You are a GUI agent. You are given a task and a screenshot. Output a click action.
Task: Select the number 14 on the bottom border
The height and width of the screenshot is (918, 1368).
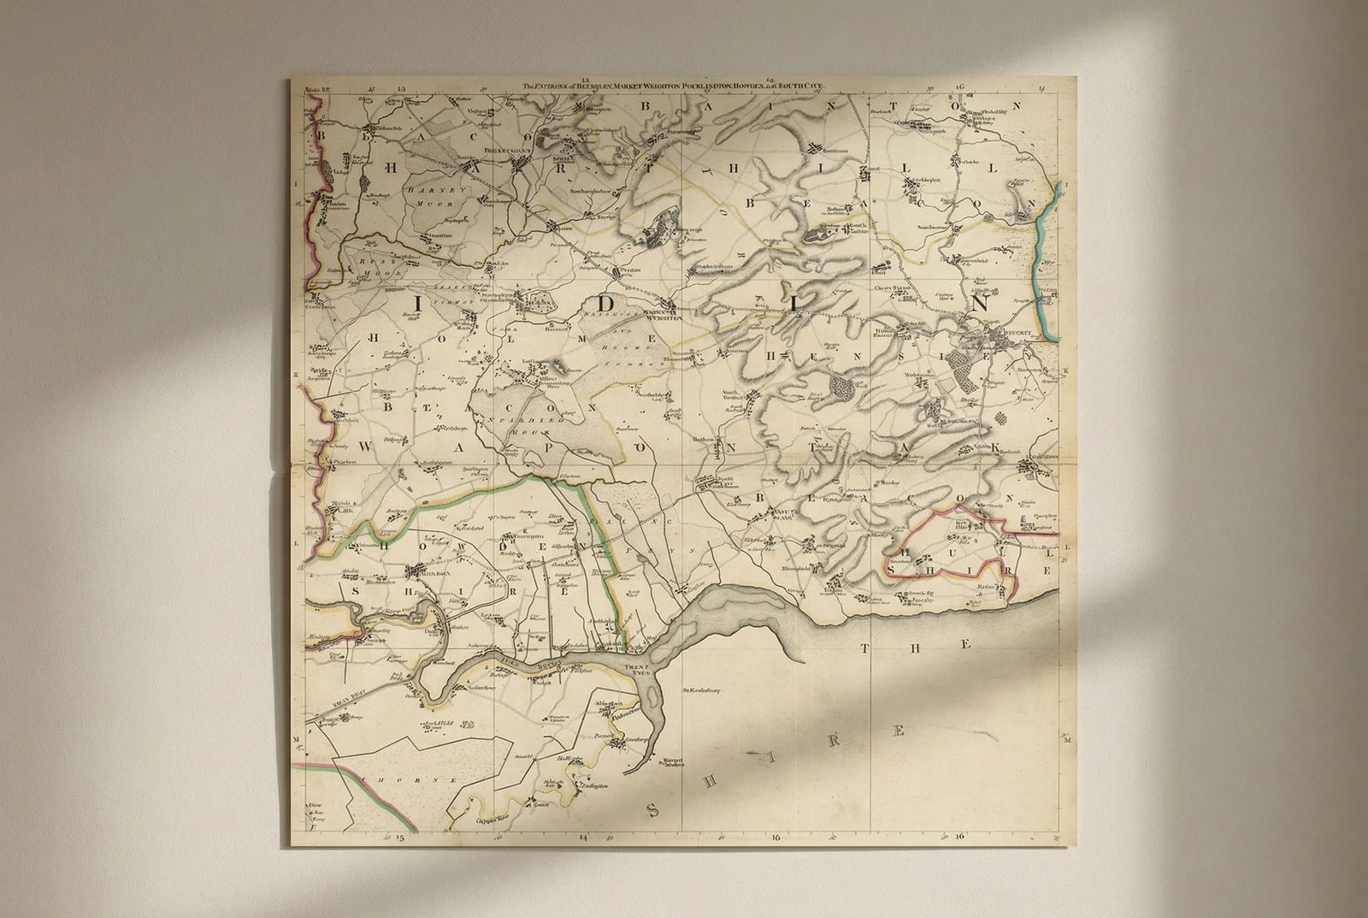(584, 839)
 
